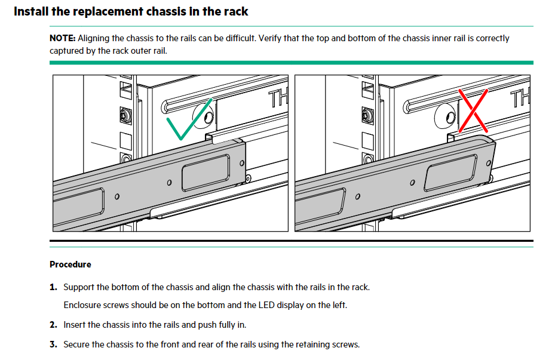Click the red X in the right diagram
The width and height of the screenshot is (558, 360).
pyautogui.click(x=473, y=111)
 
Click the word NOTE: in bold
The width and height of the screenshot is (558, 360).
pyautogui.click(x=62, y=38)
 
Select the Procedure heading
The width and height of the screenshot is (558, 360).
pyautogui.click(x=70, y=264)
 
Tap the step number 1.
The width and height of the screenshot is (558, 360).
pyautogui.click(x=53, y=287)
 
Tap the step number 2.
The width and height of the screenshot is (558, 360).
pyautogui.click(x=53, y=325)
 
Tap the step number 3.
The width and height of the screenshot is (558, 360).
pyautogui.click(x=53, y=344)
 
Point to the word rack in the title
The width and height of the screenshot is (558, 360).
pyautogui.click(x=234, y=11)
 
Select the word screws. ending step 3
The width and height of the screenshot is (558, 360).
pyautogui.click(x=346, y=344)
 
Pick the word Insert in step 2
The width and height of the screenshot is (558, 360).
pyautogui.click(x=75, y=325)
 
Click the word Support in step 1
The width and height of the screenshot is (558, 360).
pyautogui.click(x=79, y=287)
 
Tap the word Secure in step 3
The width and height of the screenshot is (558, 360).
pyautogui.click(x=78, y=344)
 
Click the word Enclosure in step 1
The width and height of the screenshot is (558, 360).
pyautogui.click(x=83, y=305)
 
